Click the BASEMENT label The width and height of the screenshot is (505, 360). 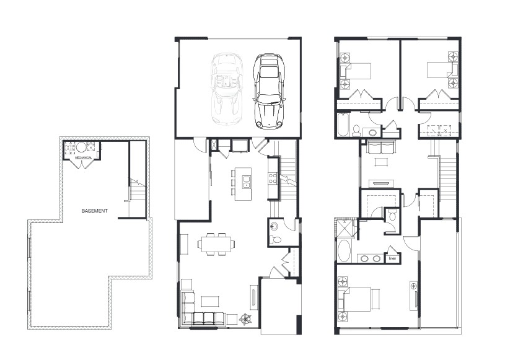pyautogui.click(x=95, y=211)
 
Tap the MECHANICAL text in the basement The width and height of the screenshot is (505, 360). pyautogui.click(x=84, y=158)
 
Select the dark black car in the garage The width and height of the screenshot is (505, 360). pyautogui.click(x=267, y=89)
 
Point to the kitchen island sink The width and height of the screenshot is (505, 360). pyautogui.click(x=247, y=184)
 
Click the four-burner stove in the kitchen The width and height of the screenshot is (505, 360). pyautogui.click(x=272, y=178)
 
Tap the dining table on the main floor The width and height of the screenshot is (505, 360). pyautogui.click(x=217, y=244)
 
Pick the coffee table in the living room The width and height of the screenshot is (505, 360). pyautogui.click(x=209, y=301)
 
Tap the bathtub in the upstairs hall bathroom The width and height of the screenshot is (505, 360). pyautogui.click(x=342, y=126)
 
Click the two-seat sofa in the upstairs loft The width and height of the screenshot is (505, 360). pyautogui.click(x=379, y=148)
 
